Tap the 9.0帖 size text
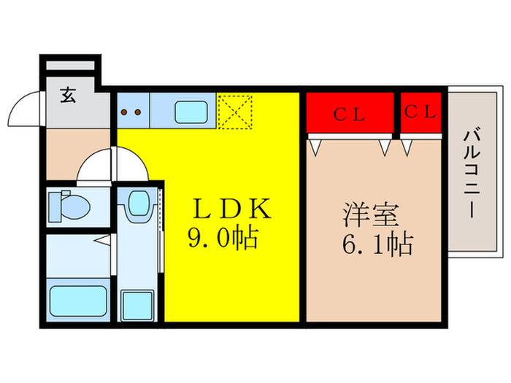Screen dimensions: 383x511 [223, 239]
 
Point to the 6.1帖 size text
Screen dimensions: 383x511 [377, 243]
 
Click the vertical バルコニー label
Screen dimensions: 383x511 [471, 174]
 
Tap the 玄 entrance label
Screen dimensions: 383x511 [68, 96]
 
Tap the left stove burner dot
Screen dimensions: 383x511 [124, 112]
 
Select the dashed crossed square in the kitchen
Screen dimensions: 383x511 [234, 112]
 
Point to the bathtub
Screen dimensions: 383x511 [77, 301]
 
